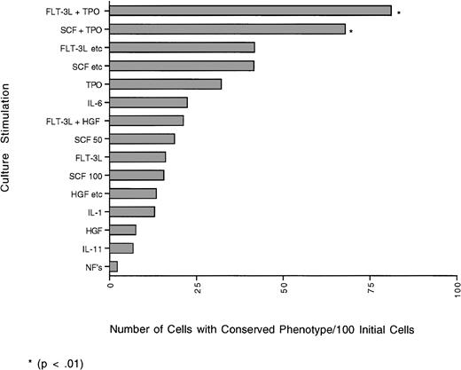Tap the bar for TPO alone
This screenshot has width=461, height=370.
165,84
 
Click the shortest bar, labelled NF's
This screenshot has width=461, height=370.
113,266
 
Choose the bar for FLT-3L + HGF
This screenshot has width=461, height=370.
146,120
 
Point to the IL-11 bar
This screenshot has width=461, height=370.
121,248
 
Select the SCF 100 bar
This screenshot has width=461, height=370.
137,175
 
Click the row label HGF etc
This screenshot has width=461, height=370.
82,193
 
